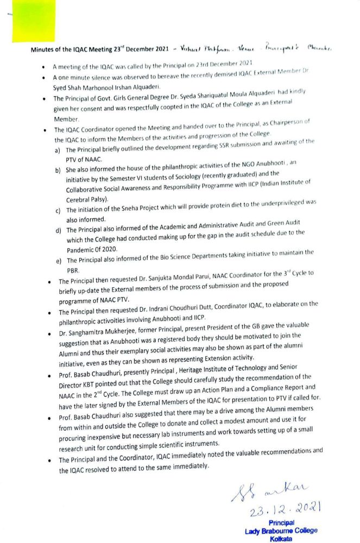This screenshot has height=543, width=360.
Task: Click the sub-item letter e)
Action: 58,261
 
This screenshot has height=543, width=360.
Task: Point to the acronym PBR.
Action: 73,270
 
